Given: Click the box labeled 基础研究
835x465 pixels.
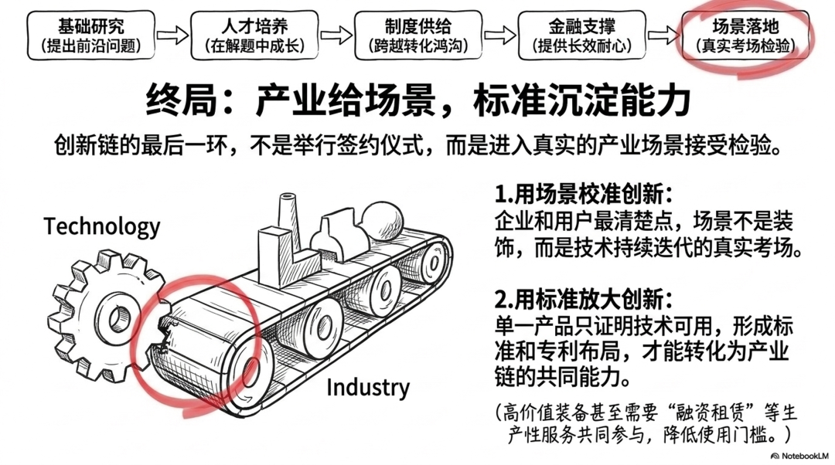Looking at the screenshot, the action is click(x=91, y=35).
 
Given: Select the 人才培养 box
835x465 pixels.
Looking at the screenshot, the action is click(x=254, y=35).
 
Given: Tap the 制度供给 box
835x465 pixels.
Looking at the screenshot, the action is click(x=418, y=35).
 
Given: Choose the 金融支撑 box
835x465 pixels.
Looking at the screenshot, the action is click(x=581, y=35).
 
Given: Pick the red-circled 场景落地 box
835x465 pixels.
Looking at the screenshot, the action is click(x=745, y=35).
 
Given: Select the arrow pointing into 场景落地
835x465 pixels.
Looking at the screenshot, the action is click(x=663, y=36).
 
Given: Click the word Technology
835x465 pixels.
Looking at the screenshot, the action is click(x=102, y=227).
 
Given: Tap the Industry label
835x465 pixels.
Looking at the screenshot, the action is click(x=368, y=387).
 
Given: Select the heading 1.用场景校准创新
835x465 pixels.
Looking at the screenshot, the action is click(x=584, y=194).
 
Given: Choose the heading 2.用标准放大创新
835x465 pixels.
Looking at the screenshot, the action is click(x=584, y=300).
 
